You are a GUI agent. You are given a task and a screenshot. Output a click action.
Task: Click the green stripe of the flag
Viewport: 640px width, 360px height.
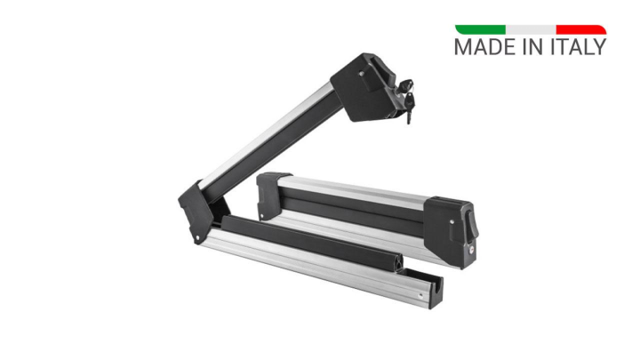click(x=480, y=29)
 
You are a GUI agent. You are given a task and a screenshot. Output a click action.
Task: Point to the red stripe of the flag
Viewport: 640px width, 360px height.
click(x=581, y=29)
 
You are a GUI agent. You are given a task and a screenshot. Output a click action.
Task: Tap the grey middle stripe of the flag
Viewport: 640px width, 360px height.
click(x=531, y=29)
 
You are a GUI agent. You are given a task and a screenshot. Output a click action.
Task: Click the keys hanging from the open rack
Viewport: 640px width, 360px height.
click(x=407, y=99)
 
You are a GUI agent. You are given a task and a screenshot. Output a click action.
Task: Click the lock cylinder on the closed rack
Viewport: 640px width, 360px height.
click(x=472, y=252)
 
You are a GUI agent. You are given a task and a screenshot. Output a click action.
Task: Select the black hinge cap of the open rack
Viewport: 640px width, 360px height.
click(x=194, y=212)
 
